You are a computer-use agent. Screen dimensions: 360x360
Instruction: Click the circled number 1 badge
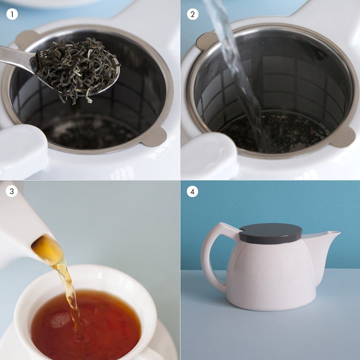(12, 15)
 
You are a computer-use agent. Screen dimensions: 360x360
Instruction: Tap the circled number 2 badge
(193, 15)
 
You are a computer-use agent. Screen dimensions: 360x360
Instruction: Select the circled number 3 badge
(11, 191)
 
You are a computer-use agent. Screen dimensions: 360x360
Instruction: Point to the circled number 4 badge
(193, 191)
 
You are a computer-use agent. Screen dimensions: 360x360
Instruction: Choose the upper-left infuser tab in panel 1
(26, 40)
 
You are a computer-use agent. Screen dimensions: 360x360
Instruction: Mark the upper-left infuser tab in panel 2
(206, 41)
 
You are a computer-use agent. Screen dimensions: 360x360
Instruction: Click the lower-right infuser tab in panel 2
(343, 137)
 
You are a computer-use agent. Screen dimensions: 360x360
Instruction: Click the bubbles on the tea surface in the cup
(60, 320)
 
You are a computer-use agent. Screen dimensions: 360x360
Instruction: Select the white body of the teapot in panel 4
(271, 275)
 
